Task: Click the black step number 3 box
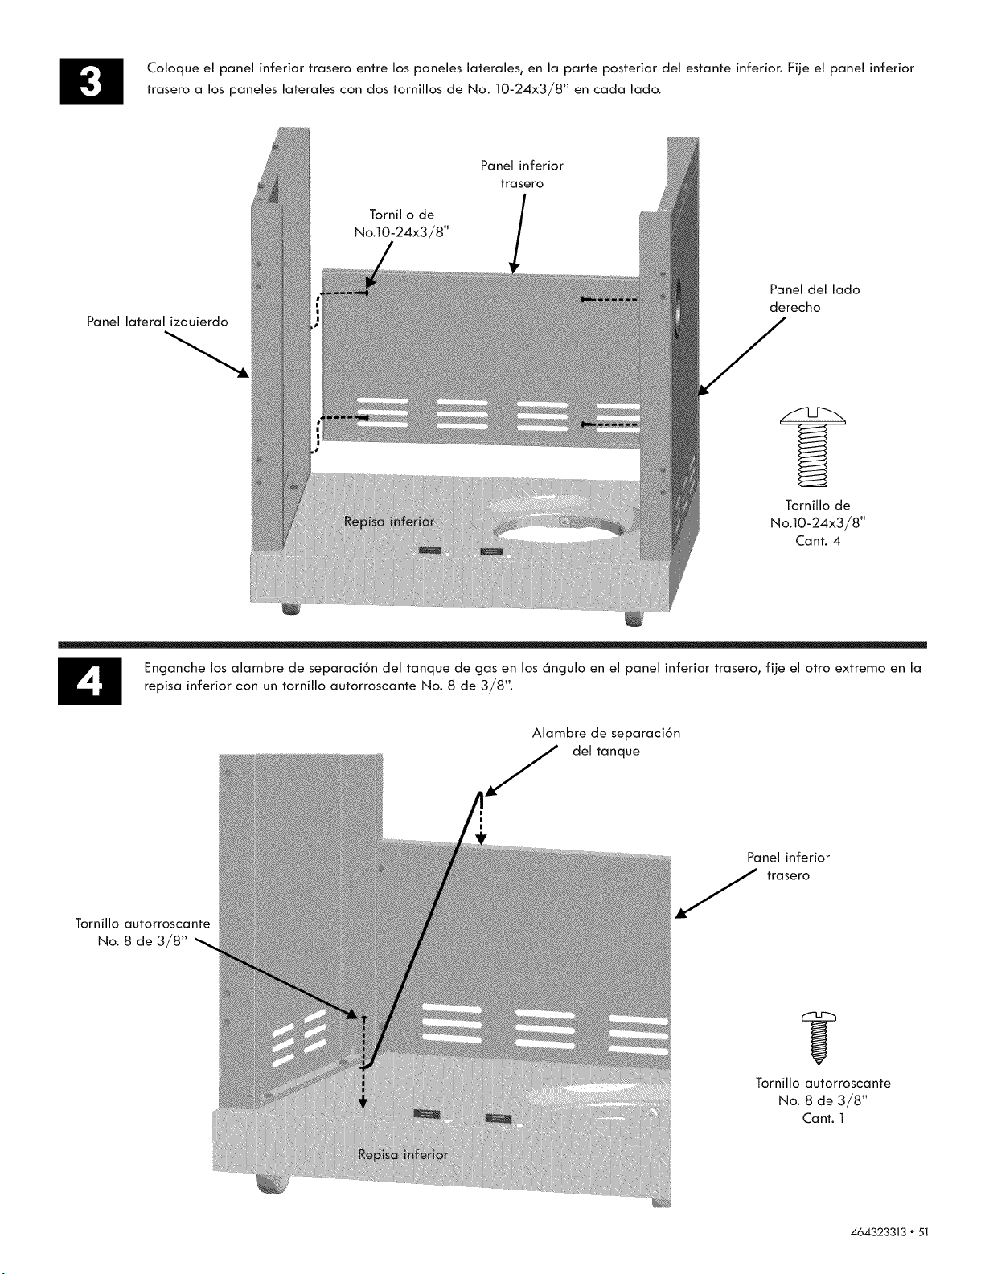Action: coord(91,81)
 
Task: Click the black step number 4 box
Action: coord(90,682)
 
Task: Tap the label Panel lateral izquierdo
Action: coord(157,322)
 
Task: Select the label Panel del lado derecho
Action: coord(815,298)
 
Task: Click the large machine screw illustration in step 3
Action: coord(813,446)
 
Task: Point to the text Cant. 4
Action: coord(818,541)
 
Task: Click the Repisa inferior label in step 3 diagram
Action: coord(389,522)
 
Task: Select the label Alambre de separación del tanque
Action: coord(606,742)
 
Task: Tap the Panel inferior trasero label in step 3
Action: coord(522,174)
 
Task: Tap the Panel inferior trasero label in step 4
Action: coord(788,866)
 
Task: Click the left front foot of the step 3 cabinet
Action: coord(291,609)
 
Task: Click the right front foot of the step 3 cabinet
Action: coord(634,619)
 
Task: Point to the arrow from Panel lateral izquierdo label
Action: coord(207,354)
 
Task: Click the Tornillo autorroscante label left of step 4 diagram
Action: coord(142,932)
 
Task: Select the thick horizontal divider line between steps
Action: coord(492,645)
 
